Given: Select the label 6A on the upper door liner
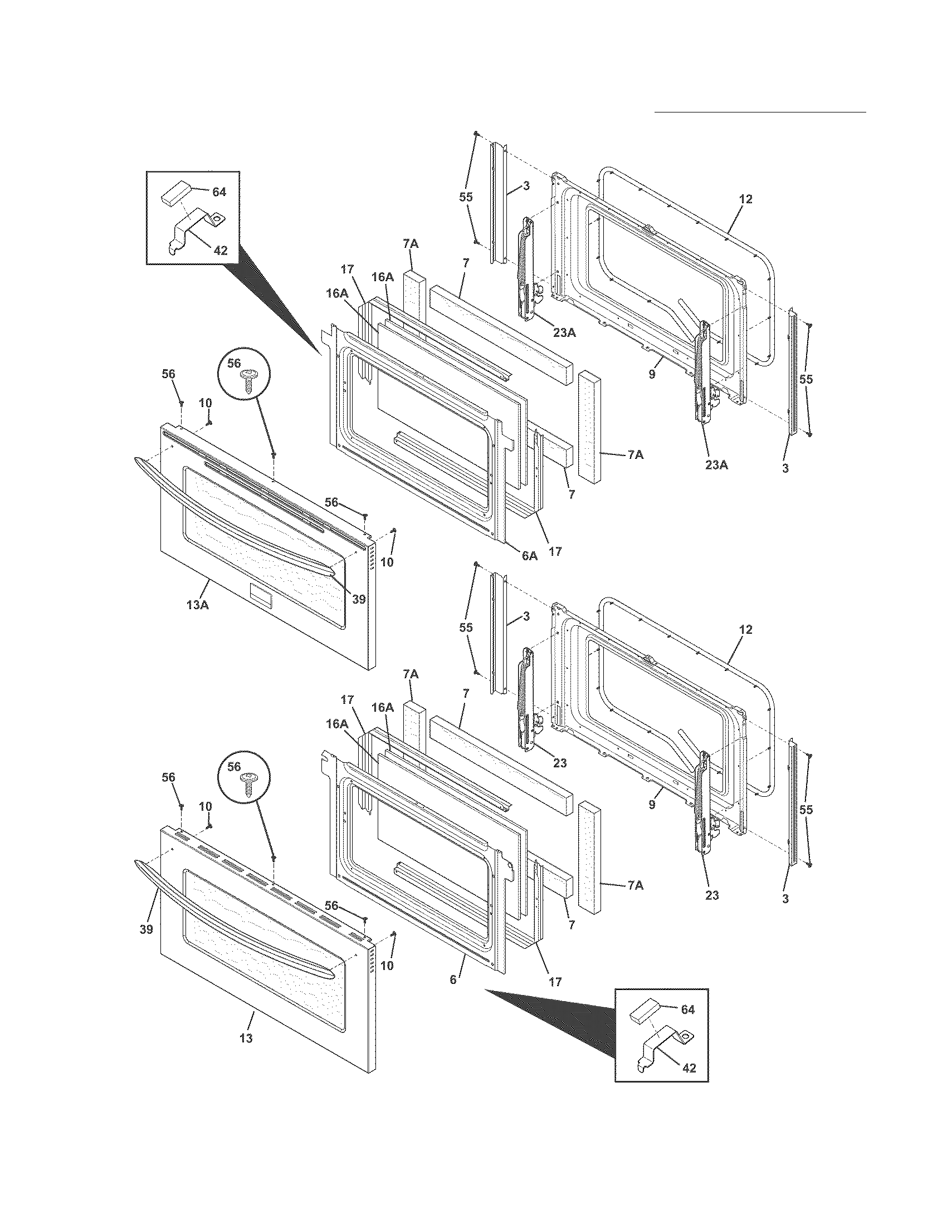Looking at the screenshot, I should point(529,556).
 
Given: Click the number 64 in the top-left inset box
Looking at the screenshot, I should point(218,192).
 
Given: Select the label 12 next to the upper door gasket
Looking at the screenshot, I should point(745,199).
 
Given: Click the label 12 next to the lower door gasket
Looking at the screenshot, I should point(745,630).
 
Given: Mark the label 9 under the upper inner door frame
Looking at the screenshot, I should point(652,374).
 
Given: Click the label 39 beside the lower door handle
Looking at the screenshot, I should point(146,929).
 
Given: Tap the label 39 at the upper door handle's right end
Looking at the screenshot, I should point(359,599).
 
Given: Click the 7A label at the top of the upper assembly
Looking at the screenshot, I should point(411,244).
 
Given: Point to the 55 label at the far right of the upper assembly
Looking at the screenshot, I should point(806,379).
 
